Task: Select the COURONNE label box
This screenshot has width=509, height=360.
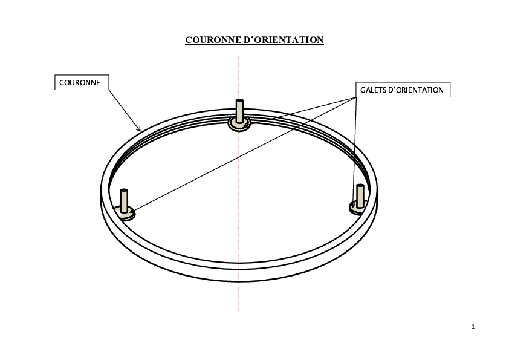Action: click(82, 82)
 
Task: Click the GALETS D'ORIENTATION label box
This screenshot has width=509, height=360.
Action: click(403, 90)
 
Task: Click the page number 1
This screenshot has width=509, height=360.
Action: click(473, 327)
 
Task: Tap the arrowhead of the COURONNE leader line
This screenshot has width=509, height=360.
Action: click(139, 129)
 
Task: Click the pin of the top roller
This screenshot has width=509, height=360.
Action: click(239, 111)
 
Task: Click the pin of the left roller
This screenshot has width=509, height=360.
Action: click(124, 201)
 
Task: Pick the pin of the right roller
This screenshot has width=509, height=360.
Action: click(360, 196)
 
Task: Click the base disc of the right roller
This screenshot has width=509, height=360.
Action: click(358, 209)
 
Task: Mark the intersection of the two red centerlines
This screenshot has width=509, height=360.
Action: click(239, 189)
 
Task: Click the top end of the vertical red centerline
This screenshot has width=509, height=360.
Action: click(239, 56)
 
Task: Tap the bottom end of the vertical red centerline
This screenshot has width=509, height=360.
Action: click(239, 311)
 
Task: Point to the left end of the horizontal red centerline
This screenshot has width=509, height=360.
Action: click(74, 189)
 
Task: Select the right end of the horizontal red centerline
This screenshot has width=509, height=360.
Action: click(399, 189)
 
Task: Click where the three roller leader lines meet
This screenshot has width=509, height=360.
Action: click(356, 97)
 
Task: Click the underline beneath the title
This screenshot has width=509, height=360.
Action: click(254, 45)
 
